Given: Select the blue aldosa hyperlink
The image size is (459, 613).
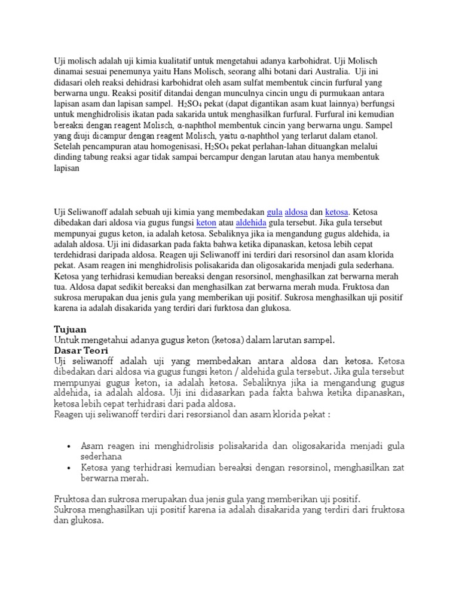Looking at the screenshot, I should click(x=297, y=212).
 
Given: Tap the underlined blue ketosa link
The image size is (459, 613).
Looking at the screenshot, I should click(x=337, y=212).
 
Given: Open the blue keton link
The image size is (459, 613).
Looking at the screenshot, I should click(x=207, y=223).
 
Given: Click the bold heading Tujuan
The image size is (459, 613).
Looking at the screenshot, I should click(x=71, y=329).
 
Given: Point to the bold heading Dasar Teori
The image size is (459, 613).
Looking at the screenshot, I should click(x=81, y=350).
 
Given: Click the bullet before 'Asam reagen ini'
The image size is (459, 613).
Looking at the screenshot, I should click(x=70, y=447).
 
